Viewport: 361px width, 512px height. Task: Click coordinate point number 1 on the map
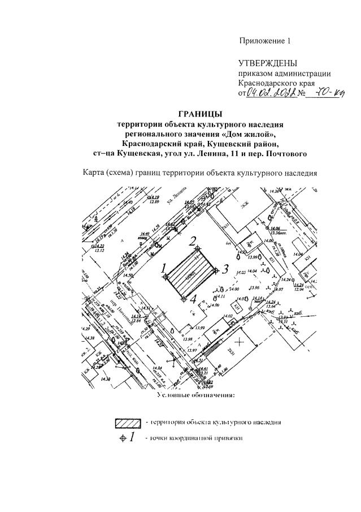pyautogui.click(x=165, y=276)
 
